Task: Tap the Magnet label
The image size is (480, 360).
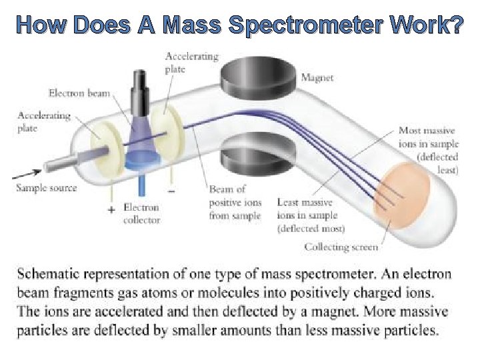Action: click(x=318, y=78)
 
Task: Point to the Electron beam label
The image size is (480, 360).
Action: click(x=79, y=93)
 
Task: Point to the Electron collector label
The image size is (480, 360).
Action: click(x=141, y=214)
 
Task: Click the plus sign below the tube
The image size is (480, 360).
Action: click(x=111, y=209)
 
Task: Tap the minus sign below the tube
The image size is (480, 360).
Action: click(x=172, y=191)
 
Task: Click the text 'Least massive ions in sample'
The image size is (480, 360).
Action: click(x=307, y=209)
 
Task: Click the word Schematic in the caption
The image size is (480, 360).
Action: click(x=51, y=275)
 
